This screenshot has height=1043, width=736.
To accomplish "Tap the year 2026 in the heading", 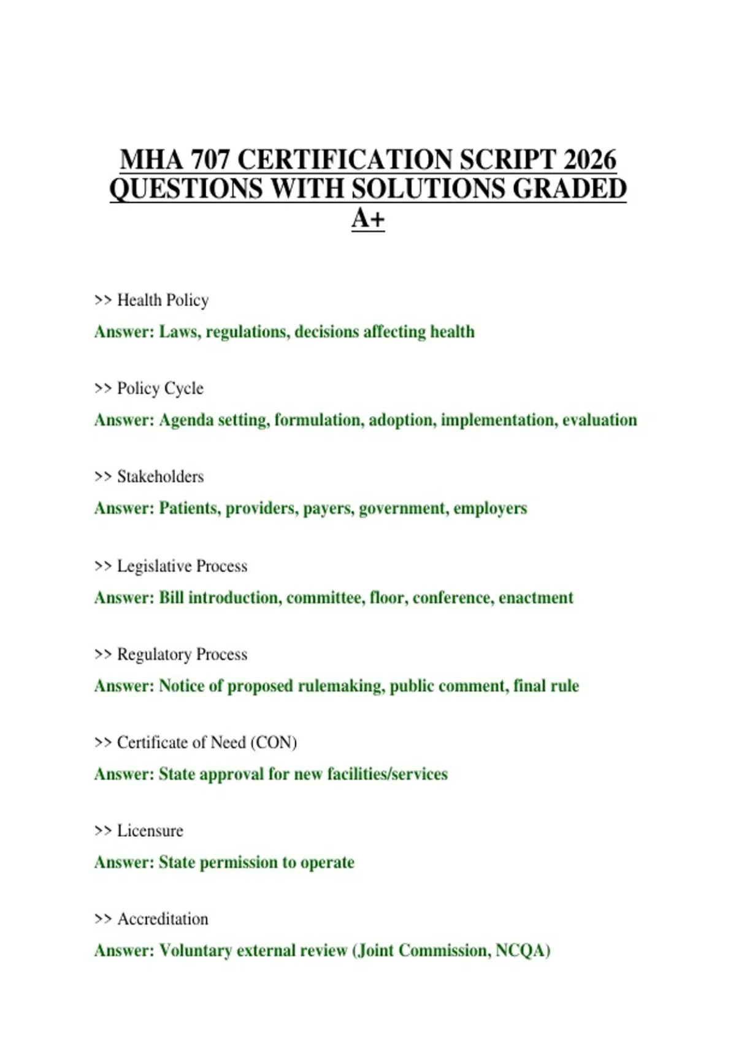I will click(x=589, y=160).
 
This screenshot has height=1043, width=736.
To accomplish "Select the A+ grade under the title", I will click(x=368, y=218).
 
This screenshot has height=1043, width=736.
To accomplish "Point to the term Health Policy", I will click(x=163, y=300).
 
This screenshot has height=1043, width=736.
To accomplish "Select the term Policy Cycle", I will click(x=160, y=388).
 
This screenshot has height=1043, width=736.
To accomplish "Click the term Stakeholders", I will click(x=160, y=477).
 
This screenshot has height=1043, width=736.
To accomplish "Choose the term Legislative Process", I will click(x=182, y=566).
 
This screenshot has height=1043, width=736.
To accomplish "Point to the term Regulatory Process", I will click(x=182, y=654).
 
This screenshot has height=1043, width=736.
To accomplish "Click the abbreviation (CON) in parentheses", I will click(x=274, y=742).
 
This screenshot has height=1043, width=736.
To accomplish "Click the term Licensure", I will click(x=150, y=831).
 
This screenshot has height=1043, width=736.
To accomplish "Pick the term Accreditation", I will click(x=163, y=919).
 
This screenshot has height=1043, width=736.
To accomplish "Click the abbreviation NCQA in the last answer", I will click(x=522, y=951).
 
